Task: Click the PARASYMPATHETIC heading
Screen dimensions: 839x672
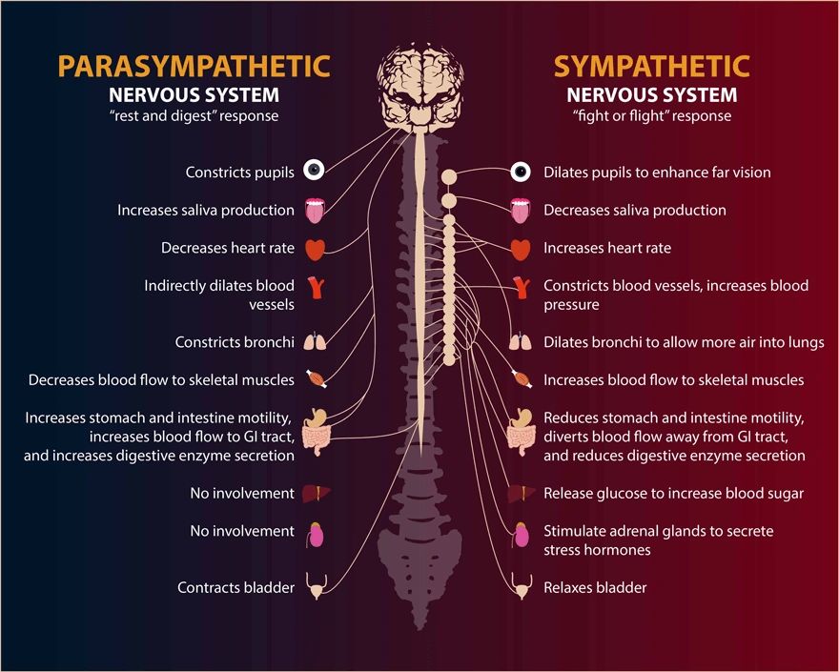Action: [x=194, y=67]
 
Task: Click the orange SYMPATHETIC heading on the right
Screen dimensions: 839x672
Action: [x=652, y=67]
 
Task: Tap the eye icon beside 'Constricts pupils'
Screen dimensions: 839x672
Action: [x=314, y=170]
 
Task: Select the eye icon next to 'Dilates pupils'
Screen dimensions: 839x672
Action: [x=521, y=173]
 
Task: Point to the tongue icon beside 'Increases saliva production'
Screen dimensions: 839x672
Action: [x=316, y=211]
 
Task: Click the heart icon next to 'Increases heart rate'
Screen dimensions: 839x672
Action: [x=521, y=250]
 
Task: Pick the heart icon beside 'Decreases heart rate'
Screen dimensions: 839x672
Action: [x=316, y=250]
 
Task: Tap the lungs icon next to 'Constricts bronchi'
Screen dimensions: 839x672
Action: [x=316, y=341]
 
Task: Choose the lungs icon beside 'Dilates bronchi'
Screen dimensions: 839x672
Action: [x=521, y=341]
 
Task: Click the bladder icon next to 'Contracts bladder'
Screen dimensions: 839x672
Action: [x=316, y=586]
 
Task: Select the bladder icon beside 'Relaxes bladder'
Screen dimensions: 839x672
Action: [x=522, y=586]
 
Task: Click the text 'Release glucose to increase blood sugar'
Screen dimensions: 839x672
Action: [x=674, y=494]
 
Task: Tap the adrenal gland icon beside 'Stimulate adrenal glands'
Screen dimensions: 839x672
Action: [x=522, y=535]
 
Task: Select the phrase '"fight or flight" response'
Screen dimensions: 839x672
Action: [x=652, y=116]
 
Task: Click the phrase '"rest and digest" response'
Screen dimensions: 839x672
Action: [x=194, y=116]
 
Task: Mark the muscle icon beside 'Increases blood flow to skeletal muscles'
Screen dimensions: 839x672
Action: [x=522, y=378]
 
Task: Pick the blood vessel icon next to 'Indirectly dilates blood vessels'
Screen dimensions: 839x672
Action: [x=317, y=287]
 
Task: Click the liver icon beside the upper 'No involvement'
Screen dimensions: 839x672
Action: [x=317, y=494]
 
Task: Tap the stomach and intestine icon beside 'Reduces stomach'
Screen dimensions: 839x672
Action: [x=522, y=432]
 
